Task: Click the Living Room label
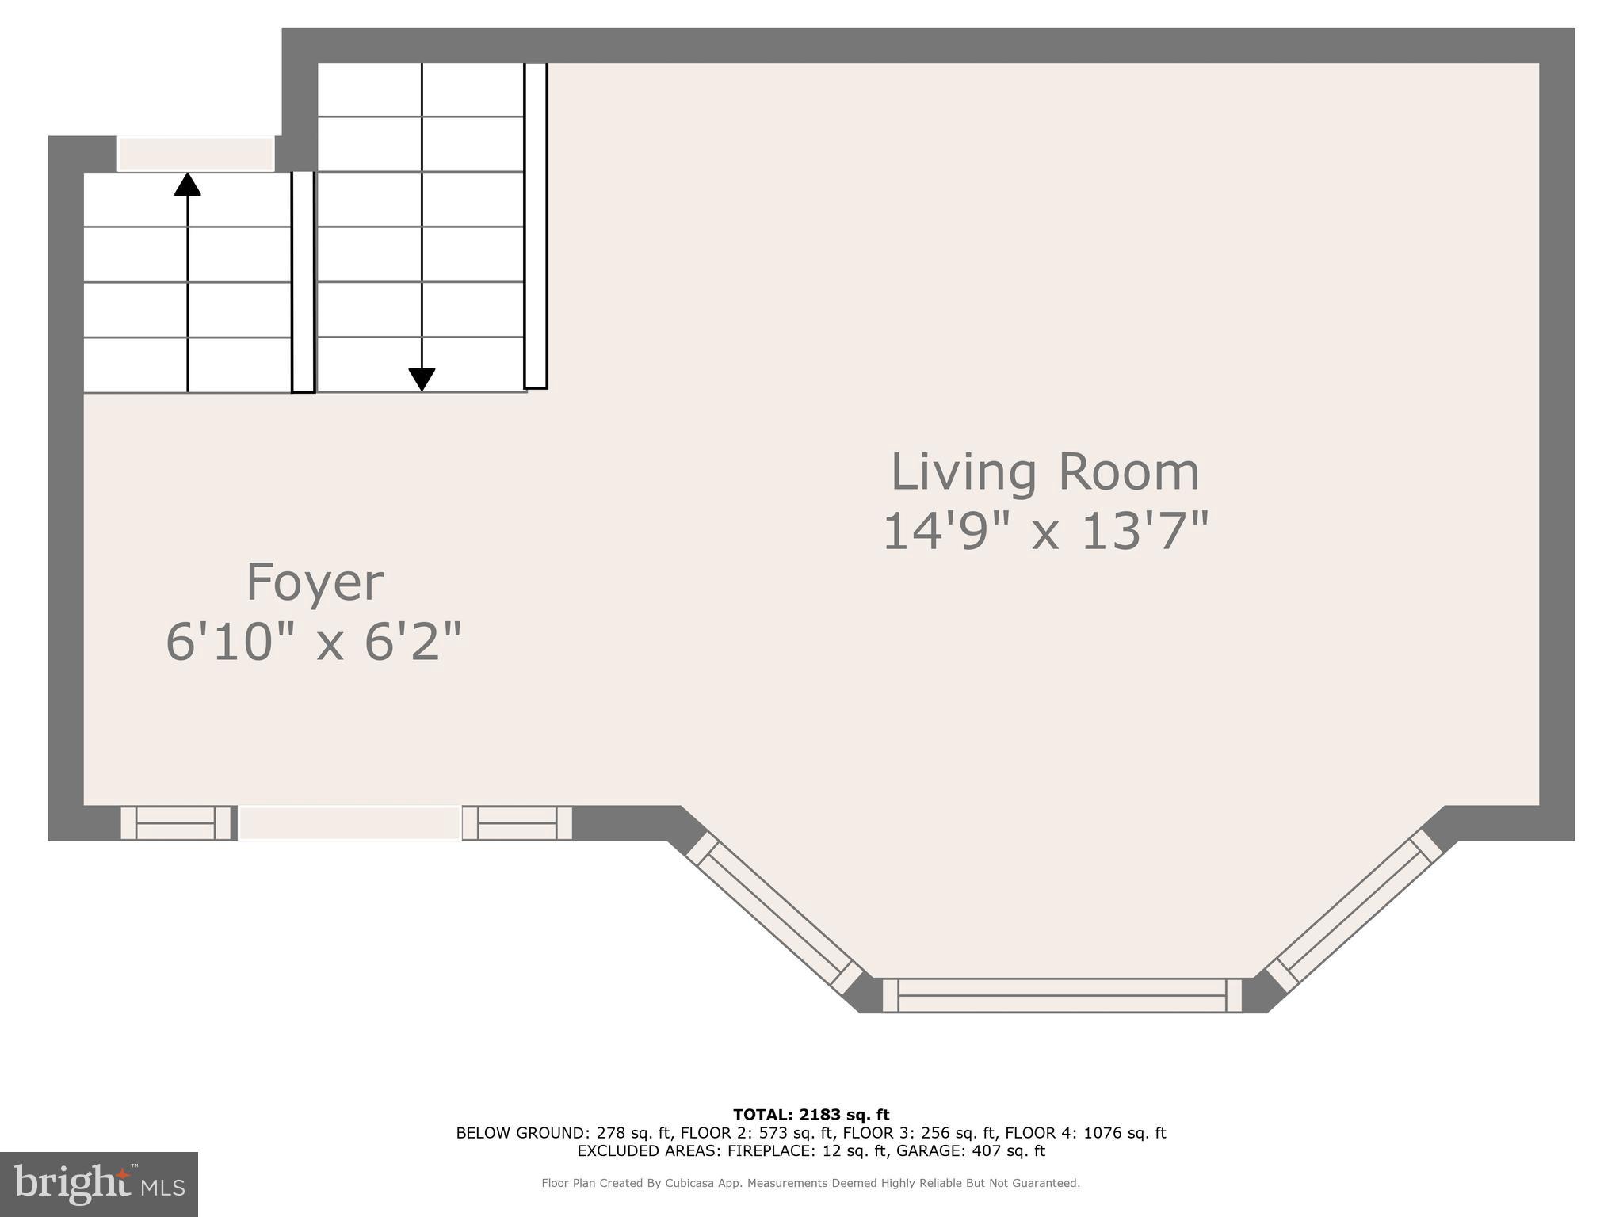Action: (1044, 472)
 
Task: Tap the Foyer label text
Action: (315, 582)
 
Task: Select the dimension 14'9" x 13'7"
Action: (1044, 531)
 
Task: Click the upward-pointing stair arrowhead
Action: (188, 184)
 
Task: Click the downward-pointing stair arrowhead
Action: (422, 379)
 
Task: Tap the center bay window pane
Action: (1062, 995)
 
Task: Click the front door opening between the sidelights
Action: (349, 822)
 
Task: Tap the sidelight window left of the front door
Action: (176, 822)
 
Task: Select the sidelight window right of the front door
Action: (517, 822)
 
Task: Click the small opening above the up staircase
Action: (196, 154)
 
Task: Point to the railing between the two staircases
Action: (303, 281)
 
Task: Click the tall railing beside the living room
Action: (536, 226)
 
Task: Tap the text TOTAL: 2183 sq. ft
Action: (811, 1116)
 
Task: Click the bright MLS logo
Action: (98, 1184)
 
